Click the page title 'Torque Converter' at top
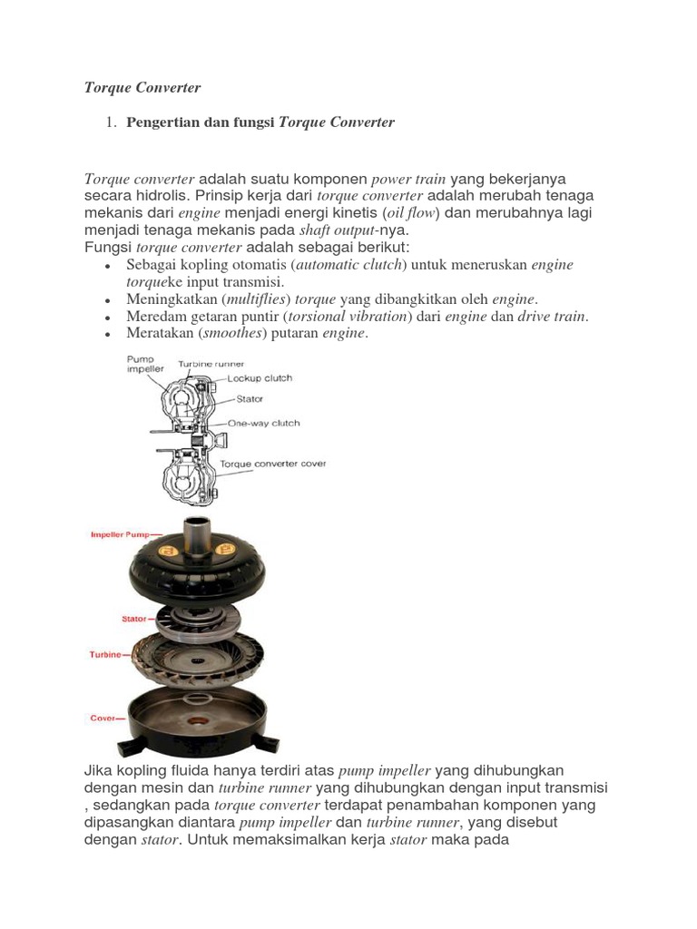(142, 88)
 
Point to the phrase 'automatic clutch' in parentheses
(352, 265)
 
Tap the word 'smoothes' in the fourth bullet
(231, 334)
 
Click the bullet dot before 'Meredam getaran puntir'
(108, 318)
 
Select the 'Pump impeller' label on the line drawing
(141, 365)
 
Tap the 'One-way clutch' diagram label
(263, 423)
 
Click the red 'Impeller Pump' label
(123, 535)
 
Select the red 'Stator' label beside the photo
(133, 620)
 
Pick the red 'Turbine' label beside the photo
(105, 654)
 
